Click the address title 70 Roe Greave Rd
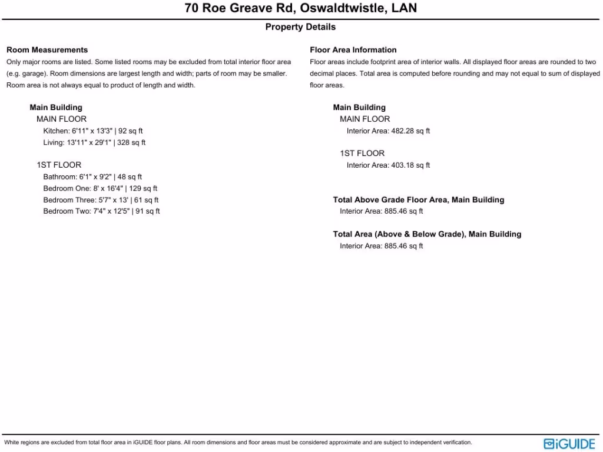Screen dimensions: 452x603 (300, 9)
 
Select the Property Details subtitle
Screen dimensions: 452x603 (300, 27)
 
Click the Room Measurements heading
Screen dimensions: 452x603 (47, 50)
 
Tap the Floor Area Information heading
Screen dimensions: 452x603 (353, 50)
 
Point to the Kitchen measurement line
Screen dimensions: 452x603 (92, 131)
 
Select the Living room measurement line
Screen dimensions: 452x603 (94, 143)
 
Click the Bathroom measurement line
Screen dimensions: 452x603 (92, 177)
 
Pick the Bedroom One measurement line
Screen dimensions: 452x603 (100, 189)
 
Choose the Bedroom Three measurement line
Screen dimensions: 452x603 (101, 200)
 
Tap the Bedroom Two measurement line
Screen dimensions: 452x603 (101, 211)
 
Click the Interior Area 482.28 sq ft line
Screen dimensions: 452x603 (388, 131)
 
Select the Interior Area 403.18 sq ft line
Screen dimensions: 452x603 (388, 165)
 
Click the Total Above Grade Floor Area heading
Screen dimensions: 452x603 (419, 200)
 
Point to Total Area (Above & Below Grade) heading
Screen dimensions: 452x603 (427, 234)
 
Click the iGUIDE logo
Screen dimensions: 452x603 (569, 443)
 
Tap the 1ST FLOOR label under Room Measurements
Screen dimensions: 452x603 (59, 165)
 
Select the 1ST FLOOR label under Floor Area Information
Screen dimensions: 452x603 (362, 154)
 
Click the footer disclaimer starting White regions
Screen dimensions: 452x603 (238, 443)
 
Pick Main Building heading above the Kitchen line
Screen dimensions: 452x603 (56, 108)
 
